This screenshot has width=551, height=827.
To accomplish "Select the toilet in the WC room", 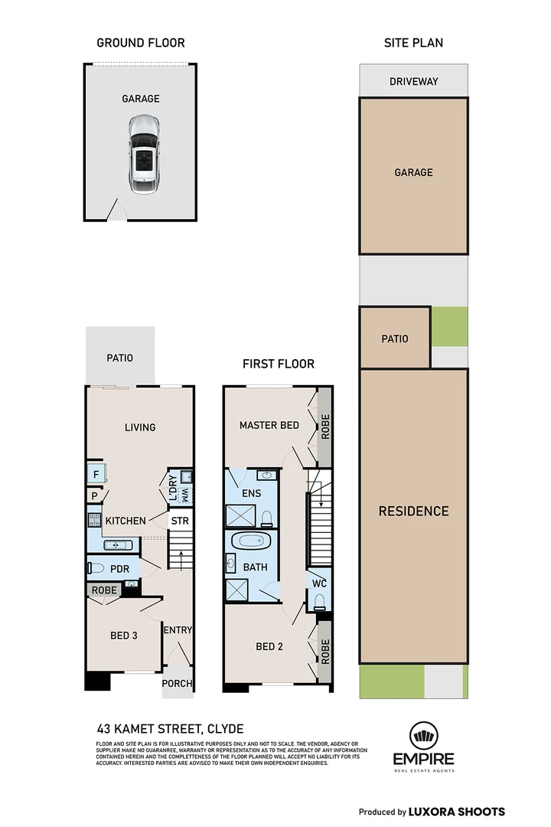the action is click(320, 602).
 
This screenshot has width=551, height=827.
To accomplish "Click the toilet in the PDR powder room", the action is click(96, 568).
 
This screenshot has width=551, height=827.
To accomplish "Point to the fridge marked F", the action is click(96, 474).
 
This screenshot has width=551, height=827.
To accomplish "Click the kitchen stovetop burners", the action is click(94, 519).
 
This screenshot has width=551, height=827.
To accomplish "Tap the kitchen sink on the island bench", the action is click(118, 545).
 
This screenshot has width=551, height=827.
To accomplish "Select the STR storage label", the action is click(180, 521).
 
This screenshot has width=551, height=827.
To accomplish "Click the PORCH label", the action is click(178, 684).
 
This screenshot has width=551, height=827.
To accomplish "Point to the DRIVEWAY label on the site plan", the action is click(414, 81).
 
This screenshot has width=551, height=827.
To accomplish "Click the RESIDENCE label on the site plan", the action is click(414, 511).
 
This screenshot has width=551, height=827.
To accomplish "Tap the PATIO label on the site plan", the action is click(395, 338).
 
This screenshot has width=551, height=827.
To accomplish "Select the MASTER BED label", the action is click(269, 425).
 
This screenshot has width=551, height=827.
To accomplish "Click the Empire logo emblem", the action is click(424, 736).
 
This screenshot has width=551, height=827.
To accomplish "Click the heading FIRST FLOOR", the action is click(279, 364).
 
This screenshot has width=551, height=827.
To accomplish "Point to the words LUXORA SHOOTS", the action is click(457, 812).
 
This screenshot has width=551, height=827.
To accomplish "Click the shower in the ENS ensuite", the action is click(240, 515).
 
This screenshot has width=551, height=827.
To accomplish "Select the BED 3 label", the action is click(124, 636).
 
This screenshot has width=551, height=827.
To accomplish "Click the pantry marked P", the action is click(94, 495).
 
